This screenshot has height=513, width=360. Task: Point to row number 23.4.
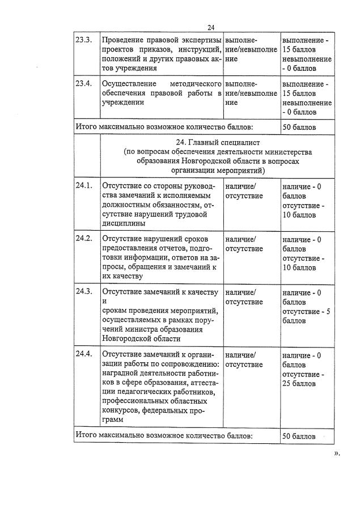[83, 84]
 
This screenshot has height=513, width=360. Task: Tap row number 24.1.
[83, 186]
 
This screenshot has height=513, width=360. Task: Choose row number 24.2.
[83, 239]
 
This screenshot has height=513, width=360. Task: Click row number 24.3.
[83, 292]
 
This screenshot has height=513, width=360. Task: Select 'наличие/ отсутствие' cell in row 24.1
[244, 191]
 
